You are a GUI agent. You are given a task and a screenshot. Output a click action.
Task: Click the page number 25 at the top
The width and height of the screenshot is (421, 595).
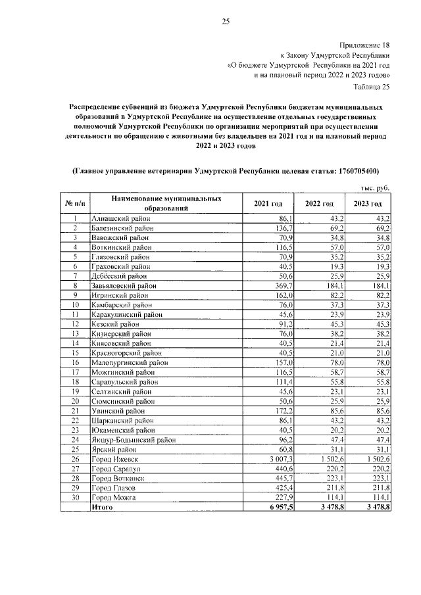click(x=225, y=22)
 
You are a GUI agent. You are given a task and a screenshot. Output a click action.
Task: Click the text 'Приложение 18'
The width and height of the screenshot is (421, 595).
click(x=364, y=45)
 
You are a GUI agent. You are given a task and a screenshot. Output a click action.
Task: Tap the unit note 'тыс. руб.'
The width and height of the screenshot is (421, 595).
click(x=375, y=188)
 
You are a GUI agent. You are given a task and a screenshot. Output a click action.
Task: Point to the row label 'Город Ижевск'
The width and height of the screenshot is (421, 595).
click(x=113, y=458)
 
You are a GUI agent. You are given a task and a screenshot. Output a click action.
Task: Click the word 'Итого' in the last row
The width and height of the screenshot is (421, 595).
click(x=103, y=508)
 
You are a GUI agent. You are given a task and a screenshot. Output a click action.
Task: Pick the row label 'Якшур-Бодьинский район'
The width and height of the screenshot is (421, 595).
click(x=134, y=439)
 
